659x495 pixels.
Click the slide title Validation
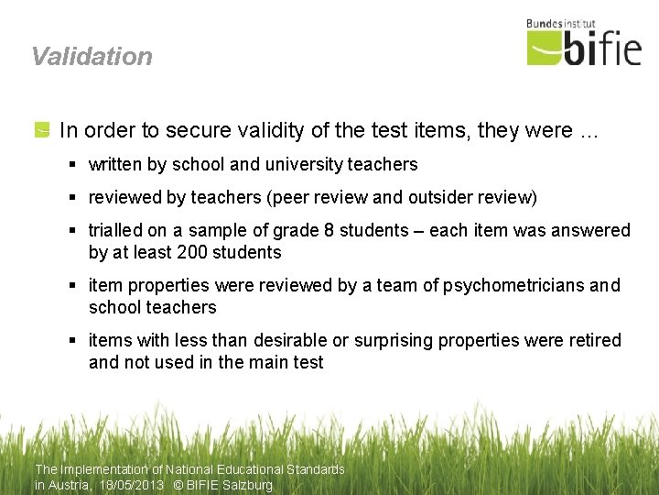(92, 56)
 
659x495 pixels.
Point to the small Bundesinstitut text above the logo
(561, 24)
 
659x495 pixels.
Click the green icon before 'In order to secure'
(42, 131)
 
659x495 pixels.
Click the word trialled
(116, 230)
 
